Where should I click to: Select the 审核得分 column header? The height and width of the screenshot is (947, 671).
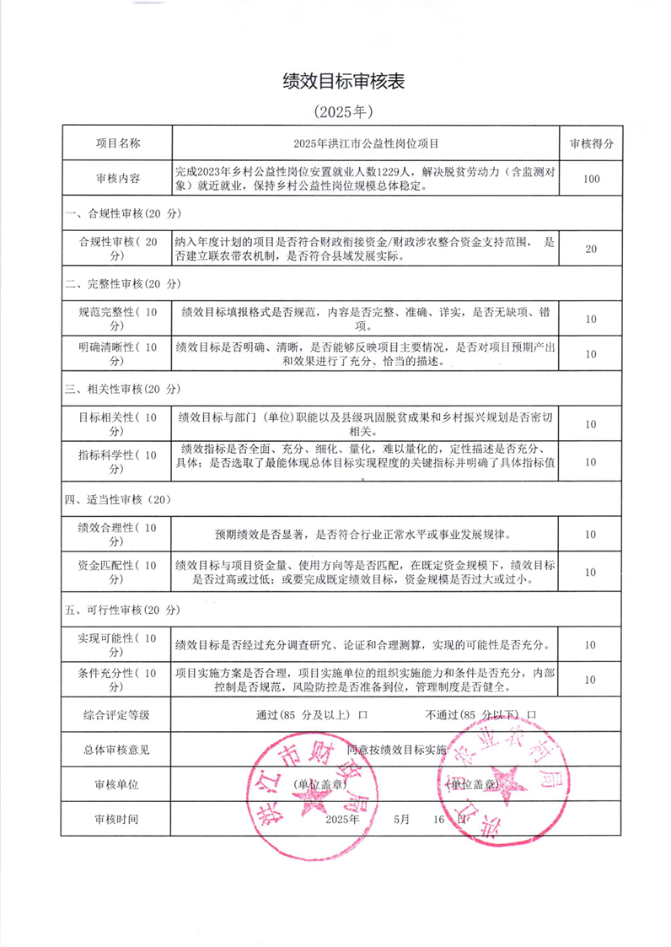pyautogui.click(x=591, y=143)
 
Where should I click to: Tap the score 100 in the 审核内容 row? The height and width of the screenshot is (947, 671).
pyautogui.click(x=591, y=179)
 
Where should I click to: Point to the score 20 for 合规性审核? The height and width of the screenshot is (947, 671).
pyautogui.click(x=591, y=249)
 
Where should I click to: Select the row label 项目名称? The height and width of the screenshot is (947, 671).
pyautogui.click(x=117, y=143)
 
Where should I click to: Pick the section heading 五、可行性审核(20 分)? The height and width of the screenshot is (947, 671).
pyautogui.click(x=123, y=610)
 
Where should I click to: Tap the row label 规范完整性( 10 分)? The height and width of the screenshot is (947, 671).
pyautogui.click(x=117, y=319)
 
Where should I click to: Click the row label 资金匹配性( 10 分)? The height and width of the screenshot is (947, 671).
pyautogui.click(x=117, y=572)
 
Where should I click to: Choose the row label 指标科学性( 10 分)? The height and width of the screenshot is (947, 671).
pyautogui.click(x=117, y=462)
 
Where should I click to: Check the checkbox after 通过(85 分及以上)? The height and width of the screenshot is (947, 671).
pyautogui.click(x=362, y=715)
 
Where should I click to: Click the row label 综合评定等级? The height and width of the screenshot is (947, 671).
pyautogui.click(x=117, y=715)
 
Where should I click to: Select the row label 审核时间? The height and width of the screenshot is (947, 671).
pyautogui.click(x=117, y=819)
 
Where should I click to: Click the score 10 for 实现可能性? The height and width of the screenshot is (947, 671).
pyautogui.click(x=591, y=645)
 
